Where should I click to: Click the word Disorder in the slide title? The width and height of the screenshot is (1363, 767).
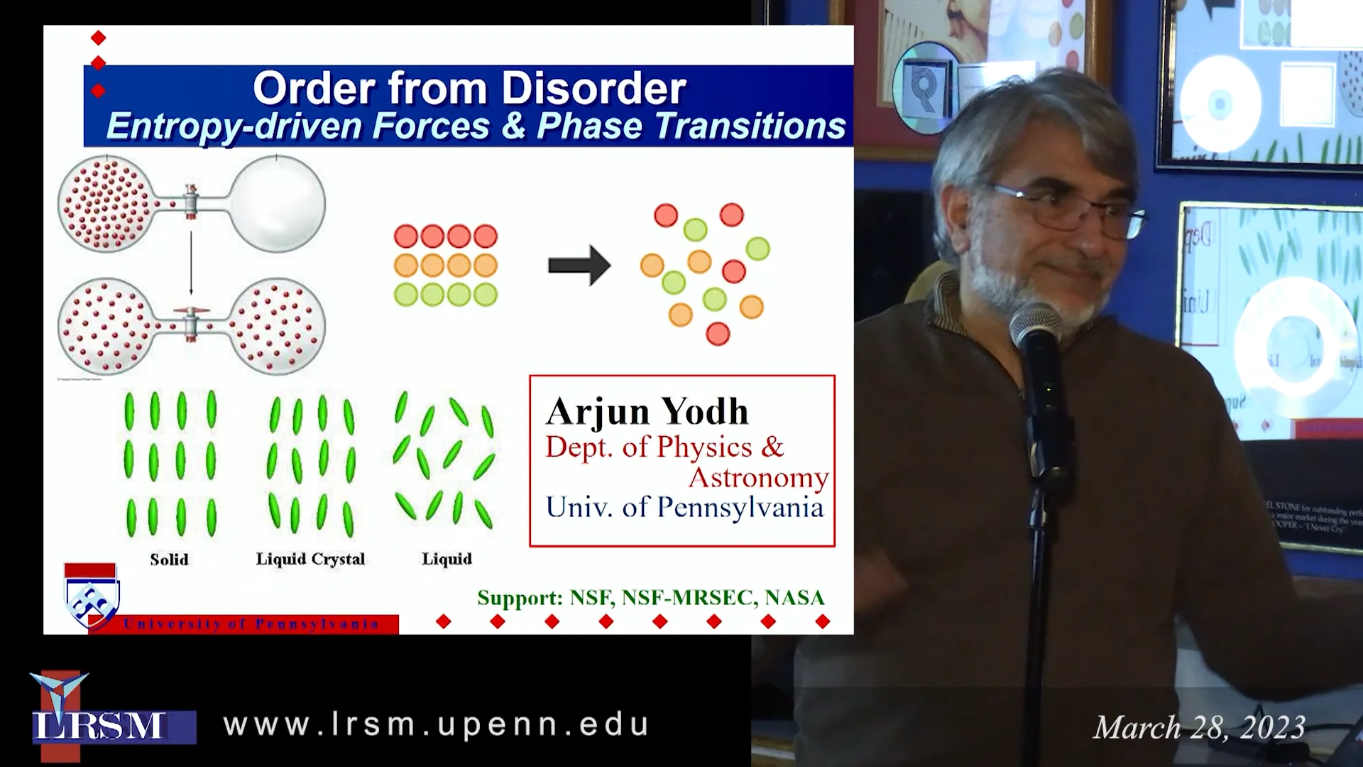point(593,89)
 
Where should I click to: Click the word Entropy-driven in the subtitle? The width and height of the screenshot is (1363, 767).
point(234,126)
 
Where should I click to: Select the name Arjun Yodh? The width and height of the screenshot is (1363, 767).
point(647,411)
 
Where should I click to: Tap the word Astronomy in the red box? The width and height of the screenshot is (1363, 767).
point(758,477)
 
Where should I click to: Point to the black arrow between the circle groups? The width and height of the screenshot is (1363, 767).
point(579,266)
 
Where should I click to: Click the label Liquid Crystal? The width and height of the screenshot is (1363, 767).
point(310,559)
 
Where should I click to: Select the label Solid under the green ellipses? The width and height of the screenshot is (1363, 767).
point(169,559)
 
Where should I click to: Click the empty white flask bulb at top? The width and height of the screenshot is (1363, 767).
point(278,204)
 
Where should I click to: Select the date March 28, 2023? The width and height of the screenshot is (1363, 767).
point(1199,727)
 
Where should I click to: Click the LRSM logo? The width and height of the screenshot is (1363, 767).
point(99,717)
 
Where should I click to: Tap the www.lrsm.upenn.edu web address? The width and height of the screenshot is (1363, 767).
point(436,724)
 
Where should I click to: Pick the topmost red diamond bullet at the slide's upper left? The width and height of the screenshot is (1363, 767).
point(99,38)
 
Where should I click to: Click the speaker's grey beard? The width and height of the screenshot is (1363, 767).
point(1015,291)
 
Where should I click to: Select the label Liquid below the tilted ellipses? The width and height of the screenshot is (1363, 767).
point(447,559)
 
